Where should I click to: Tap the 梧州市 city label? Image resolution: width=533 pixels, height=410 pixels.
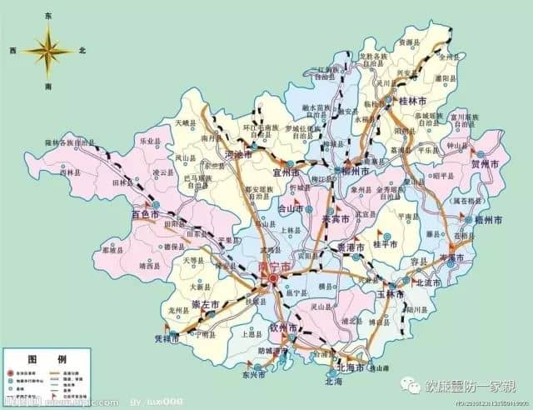[487, 221]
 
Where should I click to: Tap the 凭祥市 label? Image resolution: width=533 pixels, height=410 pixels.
[169, 355]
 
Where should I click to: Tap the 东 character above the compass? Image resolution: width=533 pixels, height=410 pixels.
[48, 16]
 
